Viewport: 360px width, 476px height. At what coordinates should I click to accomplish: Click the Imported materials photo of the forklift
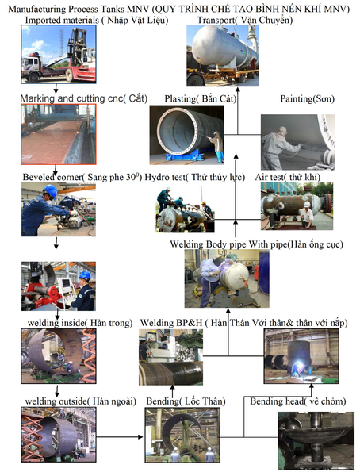[x=59, y=54]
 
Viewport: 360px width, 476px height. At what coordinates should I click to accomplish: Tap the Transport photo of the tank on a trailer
[x=223, y=56]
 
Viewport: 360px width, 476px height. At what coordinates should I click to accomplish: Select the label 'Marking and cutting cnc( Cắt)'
[x=84, y=98]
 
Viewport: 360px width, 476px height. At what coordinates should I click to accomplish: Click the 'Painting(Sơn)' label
[x=307, y=98]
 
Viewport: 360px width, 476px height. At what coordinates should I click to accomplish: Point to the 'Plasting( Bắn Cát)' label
[x=201, y=98]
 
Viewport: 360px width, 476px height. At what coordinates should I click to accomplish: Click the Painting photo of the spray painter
[x=298, y=142]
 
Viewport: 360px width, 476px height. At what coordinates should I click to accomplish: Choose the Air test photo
[x=297, y=205]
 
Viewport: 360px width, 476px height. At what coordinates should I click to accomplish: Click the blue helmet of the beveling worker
[x=51, y=190]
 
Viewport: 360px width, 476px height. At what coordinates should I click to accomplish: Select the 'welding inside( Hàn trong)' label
[x=80, y=323]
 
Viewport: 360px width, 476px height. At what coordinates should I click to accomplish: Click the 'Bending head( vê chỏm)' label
[x=298, y=401]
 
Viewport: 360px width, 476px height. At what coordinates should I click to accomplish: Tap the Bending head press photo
[x=316, y=441]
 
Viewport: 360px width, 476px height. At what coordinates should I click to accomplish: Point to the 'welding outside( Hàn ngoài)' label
[x=81, y=401]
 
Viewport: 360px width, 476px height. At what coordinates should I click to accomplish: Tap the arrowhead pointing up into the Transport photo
[x=238, y=90]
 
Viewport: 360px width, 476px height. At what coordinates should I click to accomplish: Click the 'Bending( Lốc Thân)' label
[x=186, y=401]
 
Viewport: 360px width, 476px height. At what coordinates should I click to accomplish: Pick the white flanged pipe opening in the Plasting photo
[x=177, y=132]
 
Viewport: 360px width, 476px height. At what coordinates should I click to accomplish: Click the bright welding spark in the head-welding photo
[x=300, y=365]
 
